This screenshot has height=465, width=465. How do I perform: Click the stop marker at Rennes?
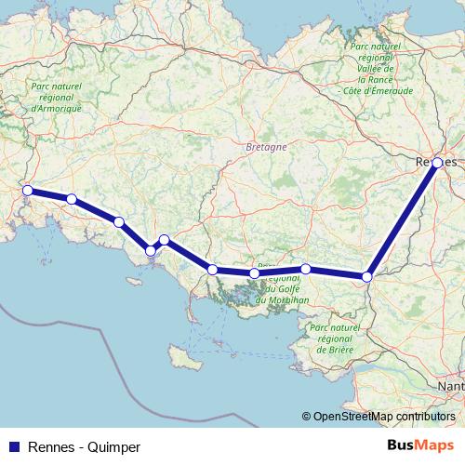click(x=437, y=163)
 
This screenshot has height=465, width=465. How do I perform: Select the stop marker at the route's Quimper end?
click(x=28, y=191)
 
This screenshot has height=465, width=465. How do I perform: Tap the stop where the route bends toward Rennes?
click(x=367, y=276)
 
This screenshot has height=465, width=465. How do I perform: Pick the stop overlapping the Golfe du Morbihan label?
click(x=254, y=273)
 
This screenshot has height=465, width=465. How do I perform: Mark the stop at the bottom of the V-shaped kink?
click(x=151, y=250)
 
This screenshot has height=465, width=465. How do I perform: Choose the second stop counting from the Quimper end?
click(x=72, y=199)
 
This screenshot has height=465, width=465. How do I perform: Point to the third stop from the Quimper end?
click(x=119, y=221)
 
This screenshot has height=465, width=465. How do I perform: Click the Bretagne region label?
click(x=267, y=148)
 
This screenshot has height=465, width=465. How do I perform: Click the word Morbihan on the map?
click(x=276, y=299)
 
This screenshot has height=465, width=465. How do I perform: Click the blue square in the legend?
click(x=14, y=447)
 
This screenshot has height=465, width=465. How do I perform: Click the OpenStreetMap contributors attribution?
click(x=380, y=417)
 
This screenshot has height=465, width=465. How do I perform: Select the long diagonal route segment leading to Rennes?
click(x=403, y=219)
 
